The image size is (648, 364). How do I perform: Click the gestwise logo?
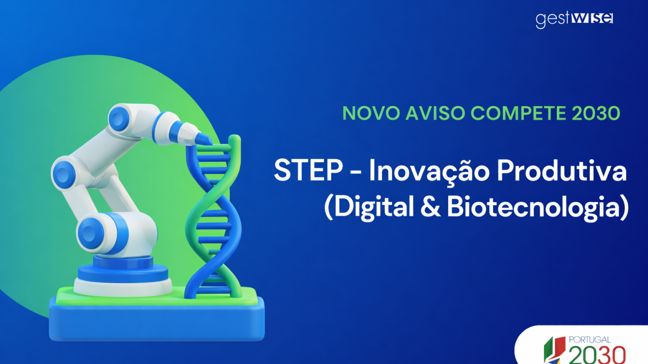[x=574, y=19]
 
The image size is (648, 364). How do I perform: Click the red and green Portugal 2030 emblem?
[x=555, y=350]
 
